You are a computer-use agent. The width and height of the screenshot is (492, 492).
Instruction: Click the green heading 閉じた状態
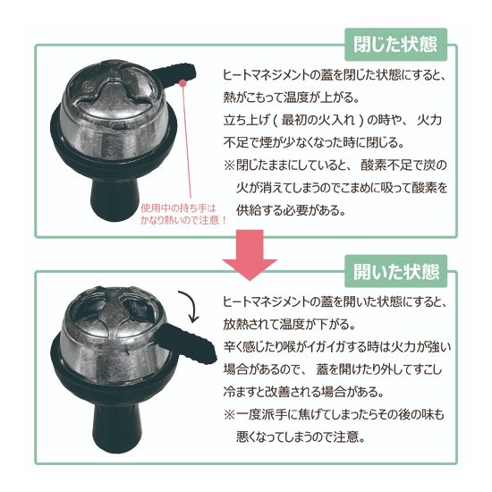(395, 44)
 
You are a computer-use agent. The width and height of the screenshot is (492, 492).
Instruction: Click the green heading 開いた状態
(396, 271)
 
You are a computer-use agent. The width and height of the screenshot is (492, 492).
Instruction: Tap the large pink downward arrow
(250, 255)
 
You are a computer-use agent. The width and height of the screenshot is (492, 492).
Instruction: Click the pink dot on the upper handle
(182, 83)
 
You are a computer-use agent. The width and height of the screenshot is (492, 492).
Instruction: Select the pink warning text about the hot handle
(183, 214)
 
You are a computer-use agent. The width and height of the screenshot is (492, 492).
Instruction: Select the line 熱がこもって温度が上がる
(292, 98)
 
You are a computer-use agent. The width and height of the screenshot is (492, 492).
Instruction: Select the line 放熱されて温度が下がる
(289, 324)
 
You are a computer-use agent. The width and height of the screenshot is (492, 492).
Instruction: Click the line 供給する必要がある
(291, 210)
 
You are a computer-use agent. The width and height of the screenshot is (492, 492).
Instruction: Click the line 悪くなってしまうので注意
(301, 437)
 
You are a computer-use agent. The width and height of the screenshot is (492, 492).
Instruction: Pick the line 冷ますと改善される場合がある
(303, 392)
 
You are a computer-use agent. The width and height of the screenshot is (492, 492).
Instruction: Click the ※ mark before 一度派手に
(229, 415)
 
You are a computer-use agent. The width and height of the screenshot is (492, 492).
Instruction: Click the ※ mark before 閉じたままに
(229, 165)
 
